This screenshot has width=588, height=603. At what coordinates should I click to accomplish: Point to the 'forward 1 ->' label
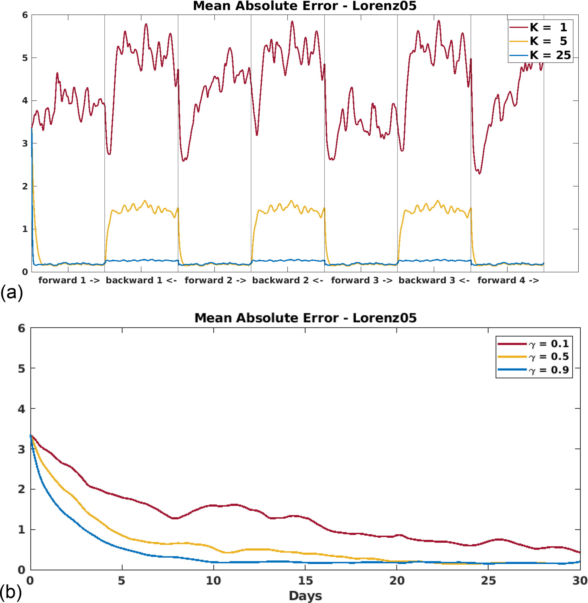69,280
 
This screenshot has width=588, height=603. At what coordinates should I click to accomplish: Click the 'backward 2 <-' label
288,280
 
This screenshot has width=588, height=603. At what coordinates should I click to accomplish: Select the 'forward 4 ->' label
508,280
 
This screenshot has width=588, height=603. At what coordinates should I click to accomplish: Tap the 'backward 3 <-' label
434,280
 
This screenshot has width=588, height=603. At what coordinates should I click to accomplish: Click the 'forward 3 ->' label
362,280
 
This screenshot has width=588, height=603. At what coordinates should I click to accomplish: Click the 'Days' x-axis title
305,596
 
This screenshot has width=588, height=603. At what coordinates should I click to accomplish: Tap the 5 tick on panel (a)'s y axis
25,58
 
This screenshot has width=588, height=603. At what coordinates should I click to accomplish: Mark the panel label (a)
12,292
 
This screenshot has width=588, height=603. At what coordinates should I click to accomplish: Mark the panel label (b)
11,592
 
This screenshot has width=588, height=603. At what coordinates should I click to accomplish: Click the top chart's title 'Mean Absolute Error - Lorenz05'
304,6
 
